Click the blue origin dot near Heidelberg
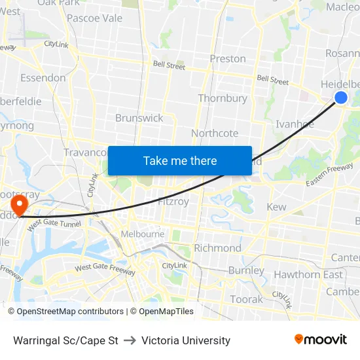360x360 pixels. pyautogui.click(x=341, y=98)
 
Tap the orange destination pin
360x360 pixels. pyautogui.click(x=20, y=204)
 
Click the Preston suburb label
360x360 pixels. pyautogui.click(x=228, y=59)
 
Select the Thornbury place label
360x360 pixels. pyautogui.click(x=223, y=98)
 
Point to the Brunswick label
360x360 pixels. pyautogui.click(x=139, y=118)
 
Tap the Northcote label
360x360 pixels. pyautogui.click(x=215, y=134)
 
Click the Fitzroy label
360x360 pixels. pyautogui.click(x=173, y=202)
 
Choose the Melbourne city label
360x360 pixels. pyautogui.click(x=143, y=234)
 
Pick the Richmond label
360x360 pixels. pyautogui.click(x=218, y=248)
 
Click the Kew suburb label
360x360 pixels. pyautogui.click(x=276, y=207)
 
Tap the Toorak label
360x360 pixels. pyautogui.click(x=246, y=300)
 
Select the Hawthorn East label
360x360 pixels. pyautogui.click(x=308, y=274)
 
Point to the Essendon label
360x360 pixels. pyautogui.click(x=43, y=78)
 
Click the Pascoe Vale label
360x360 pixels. pyautogui.click(x=95, y=18)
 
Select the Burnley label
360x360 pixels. pyautogui.click(x=246, y=270)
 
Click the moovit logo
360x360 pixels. pyautogui.click(x=321, y=340)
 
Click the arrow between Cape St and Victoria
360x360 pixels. pyautogui.click(x=130, y=340)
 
